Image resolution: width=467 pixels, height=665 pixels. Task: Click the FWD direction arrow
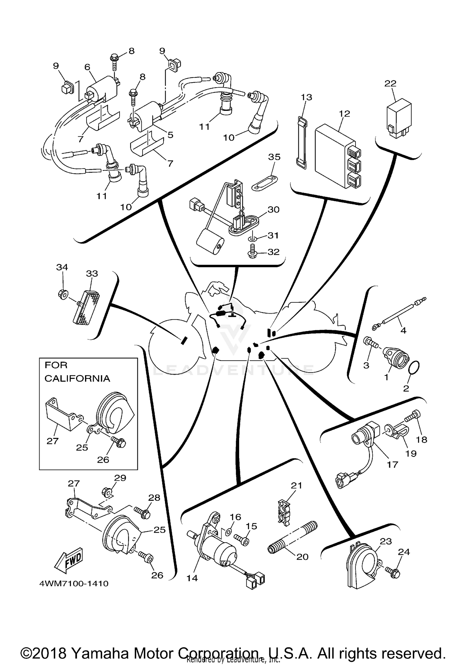pyautogui.click(x=69, y=560)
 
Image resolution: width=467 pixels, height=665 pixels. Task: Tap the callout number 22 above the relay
pyautogui.click(x=390, y=83)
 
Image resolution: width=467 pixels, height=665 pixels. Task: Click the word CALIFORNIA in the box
pyautogui.click(x=77, y=378)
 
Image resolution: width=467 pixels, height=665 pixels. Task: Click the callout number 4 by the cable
pyautogui.click(x=403, y=330)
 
